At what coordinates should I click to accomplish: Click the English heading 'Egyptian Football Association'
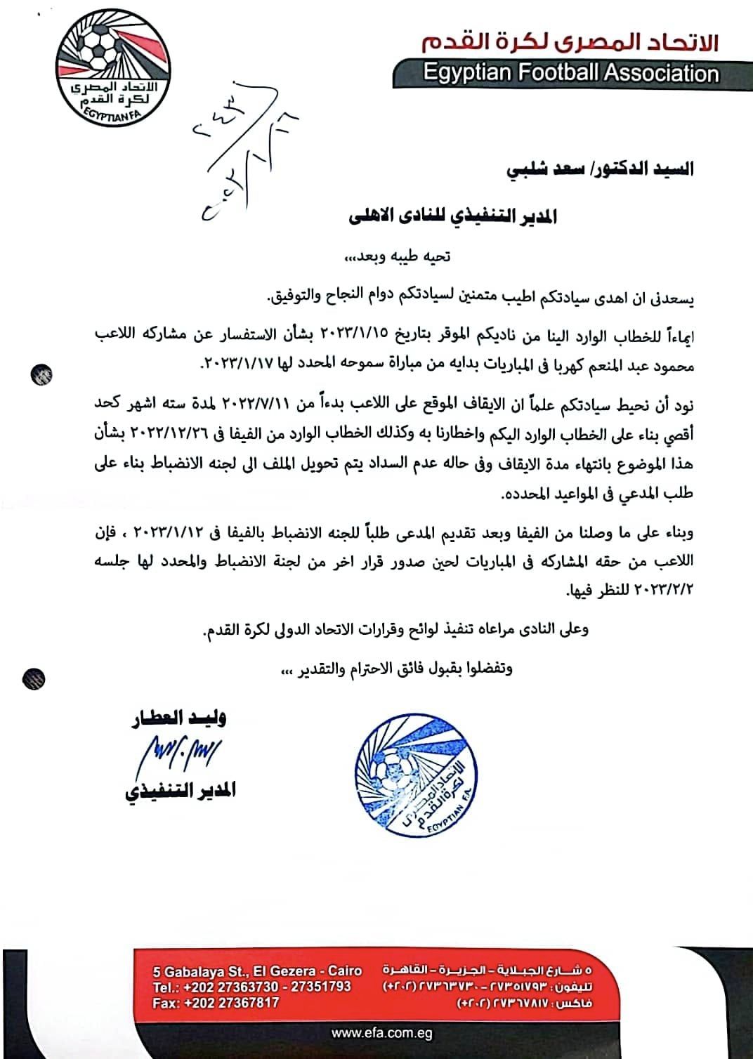(x=570, y=74)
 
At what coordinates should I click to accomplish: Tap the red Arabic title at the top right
(x=570, y=44)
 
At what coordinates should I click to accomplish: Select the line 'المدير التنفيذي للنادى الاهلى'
(x=454, y=216)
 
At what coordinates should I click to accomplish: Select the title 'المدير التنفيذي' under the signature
(x=181, y=791)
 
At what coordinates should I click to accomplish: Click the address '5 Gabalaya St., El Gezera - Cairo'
(x=257, y=972)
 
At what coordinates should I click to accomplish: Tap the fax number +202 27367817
(x=216, y=1003)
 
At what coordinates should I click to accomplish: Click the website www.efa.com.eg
(x=381, y=1034)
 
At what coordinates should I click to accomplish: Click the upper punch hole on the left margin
(x=41, y=374)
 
